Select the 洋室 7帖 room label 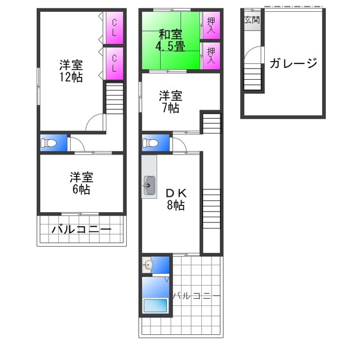pos(170,101)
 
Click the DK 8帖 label pos(175,199)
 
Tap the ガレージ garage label pos(292,63)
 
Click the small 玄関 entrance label pos(252,20)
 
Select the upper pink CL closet pos(114,28)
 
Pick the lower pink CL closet pos(114,62)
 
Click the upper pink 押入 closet pos(210,25)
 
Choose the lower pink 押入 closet pos(210,56)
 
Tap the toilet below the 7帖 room pos(151,144)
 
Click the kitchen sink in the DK pos(150,184)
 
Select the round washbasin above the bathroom pos(148,265)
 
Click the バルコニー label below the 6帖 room pos(80,230)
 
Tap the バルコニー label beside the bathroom pos(196,295)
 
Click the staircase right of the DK pos(211,209)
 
